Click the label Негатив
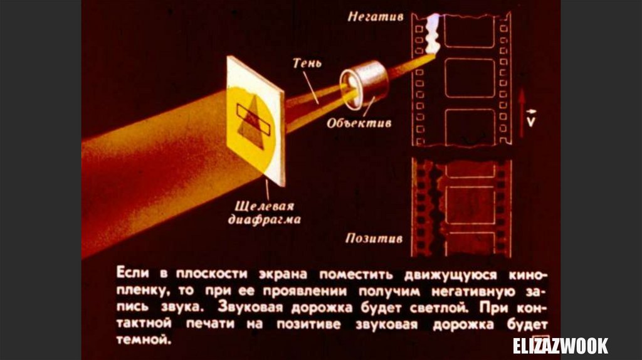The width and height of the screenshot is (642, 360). tap(376, 17)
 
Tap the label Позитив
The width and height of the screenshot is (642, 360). tap(374, 239)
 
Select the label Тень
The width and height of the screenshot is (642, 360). tap(307, 63)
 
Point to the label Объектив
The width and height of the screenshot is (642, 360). tap(359, 123)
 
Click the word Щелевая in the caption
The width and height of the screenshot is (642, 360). tap(264, 206)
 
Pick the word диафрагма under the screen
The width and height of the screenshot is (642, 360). tap(264, 220)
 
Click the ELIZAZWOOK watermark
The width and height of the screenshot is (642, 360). tap(560, 346)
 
